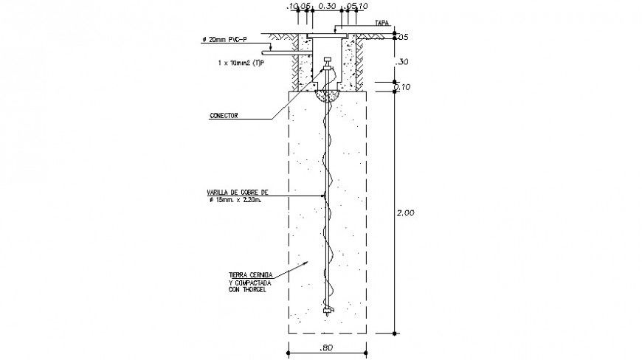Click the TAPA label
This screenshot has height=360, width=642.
[382, 23]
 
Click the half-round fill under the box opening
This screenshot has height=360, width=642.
[326, 95]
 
